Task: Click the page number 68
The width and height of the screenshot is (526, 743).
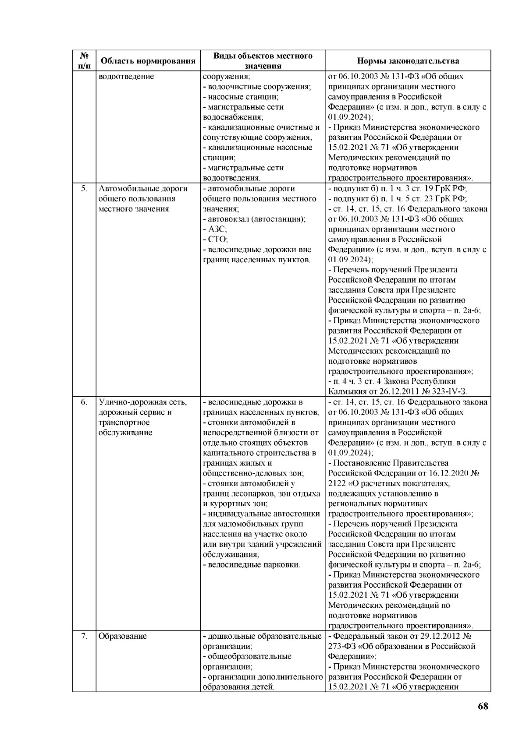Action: coord(482,719)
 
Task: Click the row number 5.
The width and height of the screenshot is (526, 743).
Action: coord(84,189)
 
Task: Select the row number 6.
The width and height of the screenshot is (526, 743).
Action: coord(84,402)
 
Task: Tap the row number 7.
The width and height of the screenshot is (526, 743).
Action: coord(84,637)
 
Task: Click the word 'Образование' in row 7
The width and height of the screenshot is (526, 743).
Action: coord(122,637)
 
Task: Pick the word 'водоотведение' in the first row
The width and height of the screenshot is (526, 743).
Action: coord(126,77)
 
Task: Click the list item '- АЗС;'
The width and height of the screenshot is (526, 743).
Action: coord(215,229)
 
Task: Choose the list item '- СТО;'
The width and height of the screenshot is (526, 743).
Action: coord(215,239)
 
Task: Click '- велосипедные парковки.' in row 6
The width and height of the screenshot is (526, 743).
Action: coord(252,565)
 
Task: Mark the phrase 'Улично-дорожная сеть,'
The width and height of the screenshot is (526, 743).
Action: coord(143,402)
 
